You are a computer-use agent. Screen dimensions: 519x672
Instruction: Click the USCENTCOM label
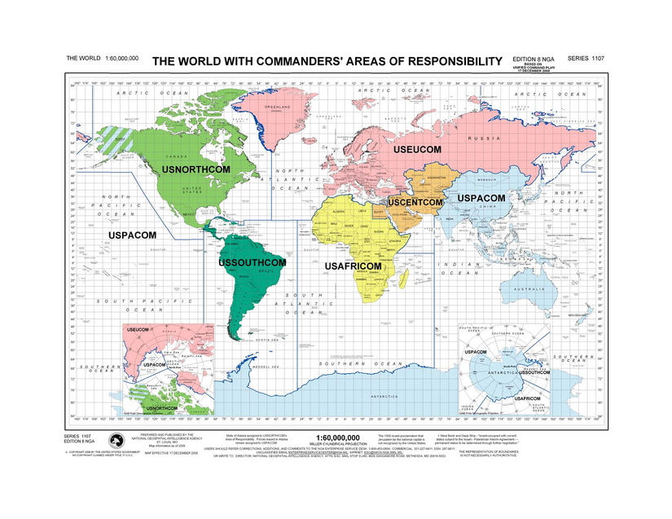tap(415, 201)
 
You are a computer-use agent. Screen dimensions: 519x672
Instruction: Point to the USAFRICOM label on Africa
tap(354, 266)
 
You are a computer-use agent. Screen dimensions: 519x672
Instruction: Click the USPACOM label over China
tap(481, 198)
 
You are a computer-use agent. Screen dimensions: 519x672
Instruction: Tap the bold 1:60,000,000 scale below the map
tap(337, 437)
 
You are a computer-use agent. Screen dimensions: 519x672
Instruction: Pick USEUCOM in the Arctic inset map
tap(137, 328)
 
